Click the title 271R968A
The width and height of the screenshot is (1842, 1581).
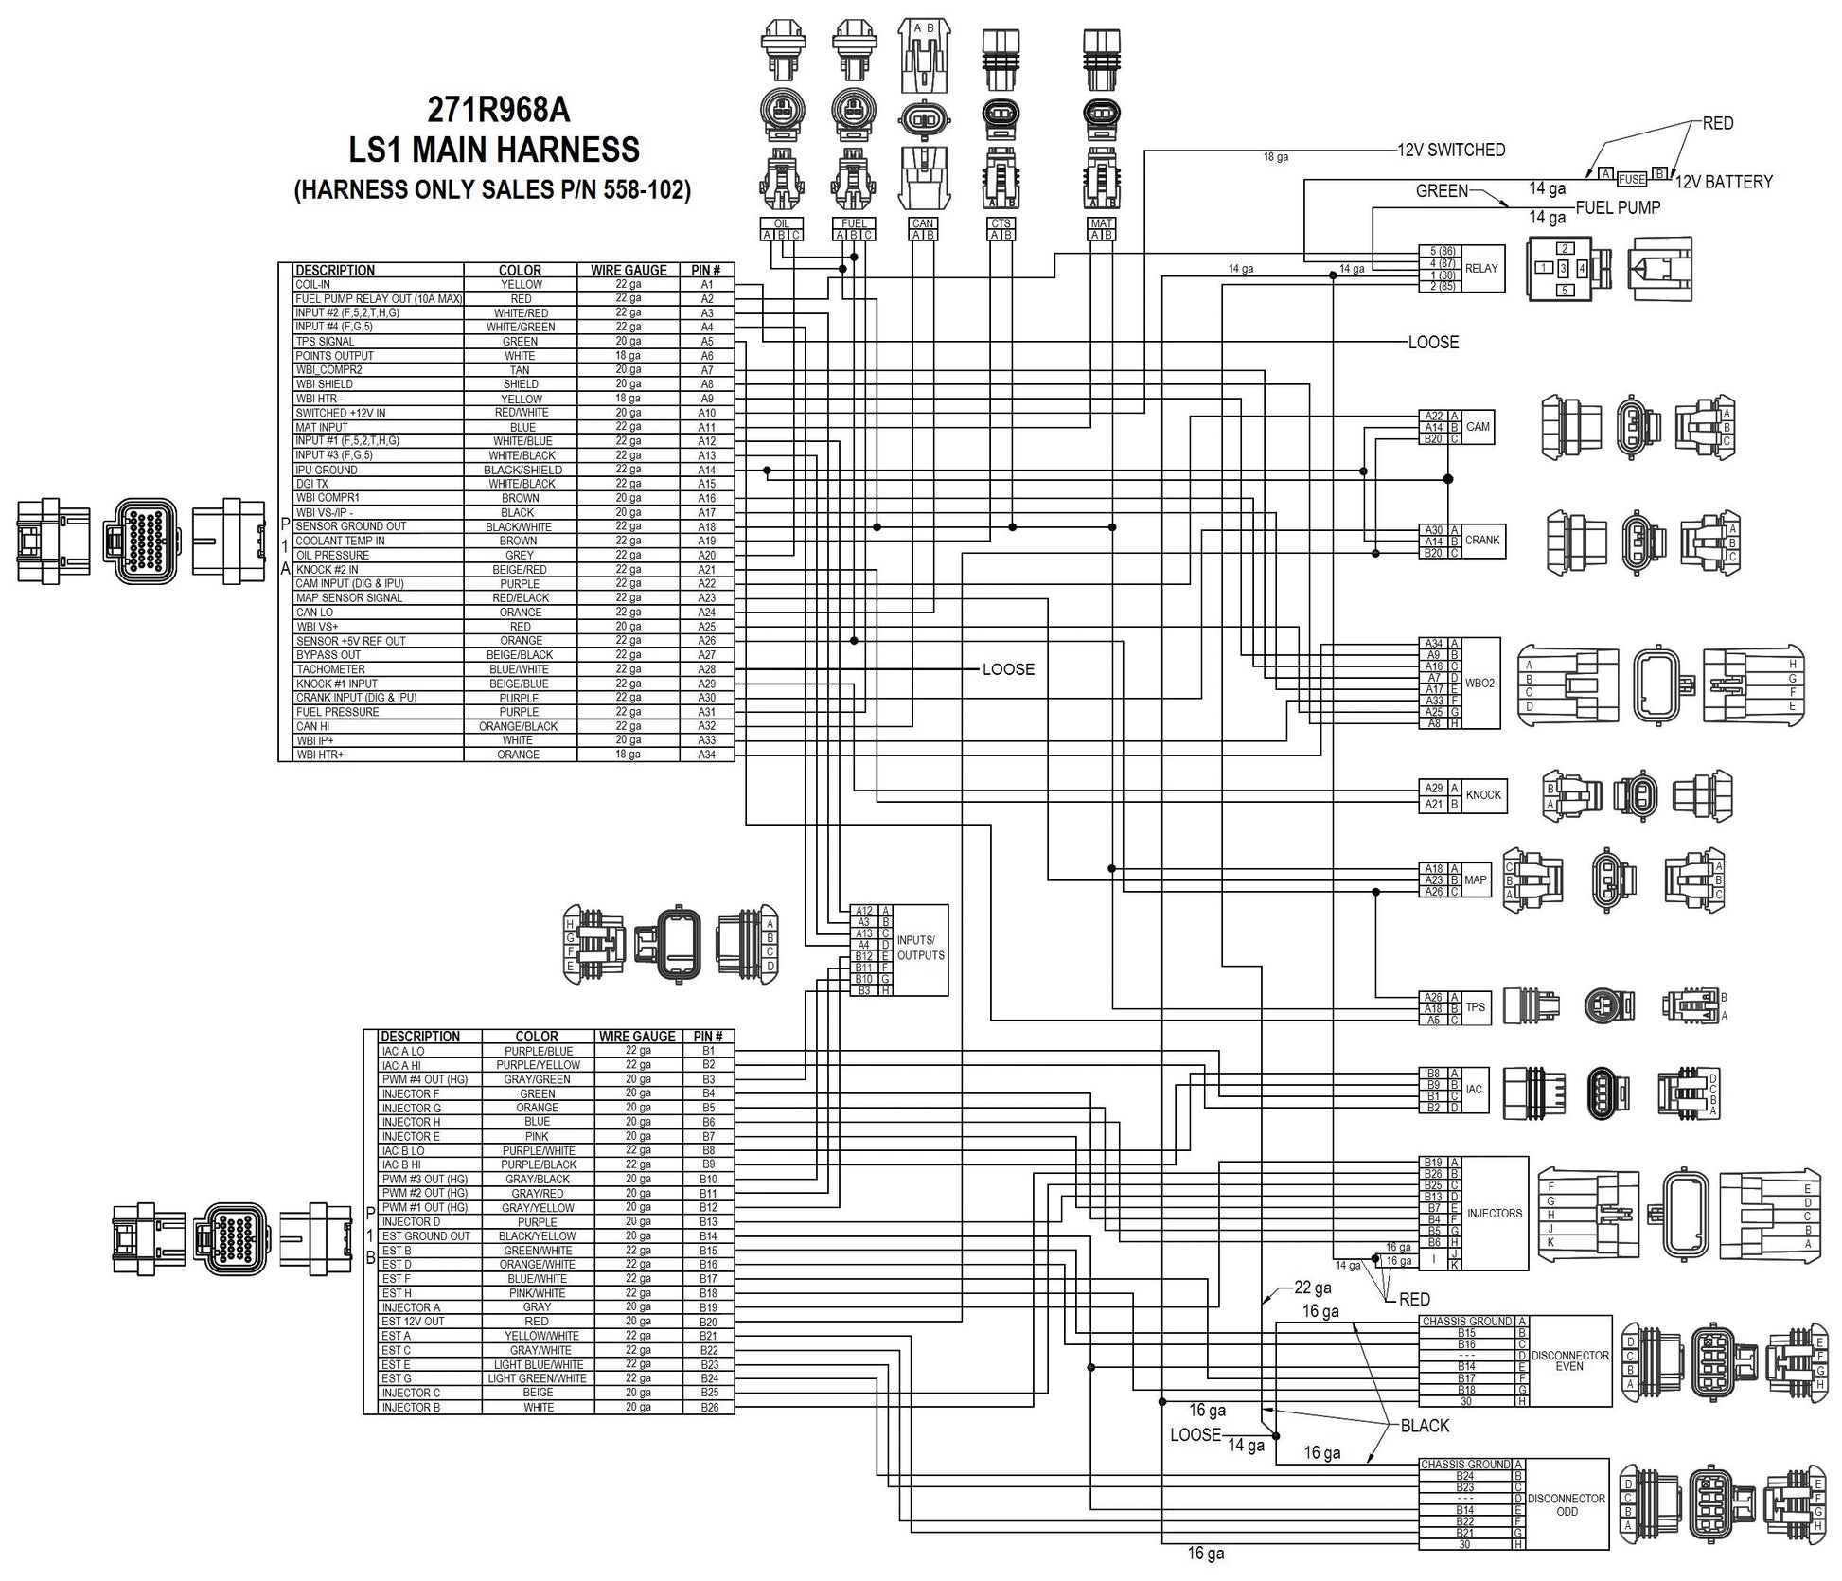click(499, 111)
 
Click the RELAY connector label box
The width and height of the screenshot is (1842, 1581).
click(1481, 268)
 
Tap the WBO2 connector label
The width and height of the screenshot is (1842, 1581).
click(1479, 683)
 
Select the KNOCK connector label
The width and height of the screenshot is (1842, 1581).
click(1482, 795)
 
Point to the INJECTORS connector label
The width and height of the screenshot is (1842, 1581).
click(1495, 1213)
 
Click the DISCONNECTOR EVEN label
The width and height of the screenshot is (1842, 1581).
click(1569, 1360)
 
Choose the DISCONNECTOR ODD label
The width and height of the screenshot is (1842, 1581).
click(1567, 1503)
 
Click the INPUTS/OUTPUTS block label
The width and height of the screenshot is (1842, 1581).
click(920, 948)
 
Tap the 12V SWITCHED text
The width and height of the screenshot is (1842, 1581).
click(1451, 150)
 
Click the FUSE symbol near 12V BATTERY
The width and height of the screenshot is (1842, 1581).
click(1631, 179)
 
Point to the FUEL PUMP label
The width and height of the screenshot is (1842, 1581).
click(1617, 207)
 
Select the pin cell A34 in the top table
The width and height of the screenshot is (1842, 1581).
click(706, 755)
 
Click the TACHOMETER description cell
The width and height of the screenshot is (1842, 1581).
click(330, 669)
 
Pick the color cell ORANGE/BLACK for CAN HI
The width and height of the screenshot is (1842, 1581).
click(520, 726)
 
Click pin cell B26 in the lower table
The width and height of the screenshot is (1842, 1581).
click(708, 1407)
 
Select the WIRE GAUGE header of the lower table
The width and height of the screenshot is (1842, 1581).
click(637, 1037)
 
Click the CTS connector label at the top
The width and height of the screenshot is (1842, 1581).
click(1001, 224)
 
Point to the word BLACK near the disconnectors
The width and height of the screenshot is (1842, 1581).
click(1425, 1426)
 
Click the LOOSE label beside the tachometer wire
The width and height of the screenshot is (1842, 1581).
click(1008, 669)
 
